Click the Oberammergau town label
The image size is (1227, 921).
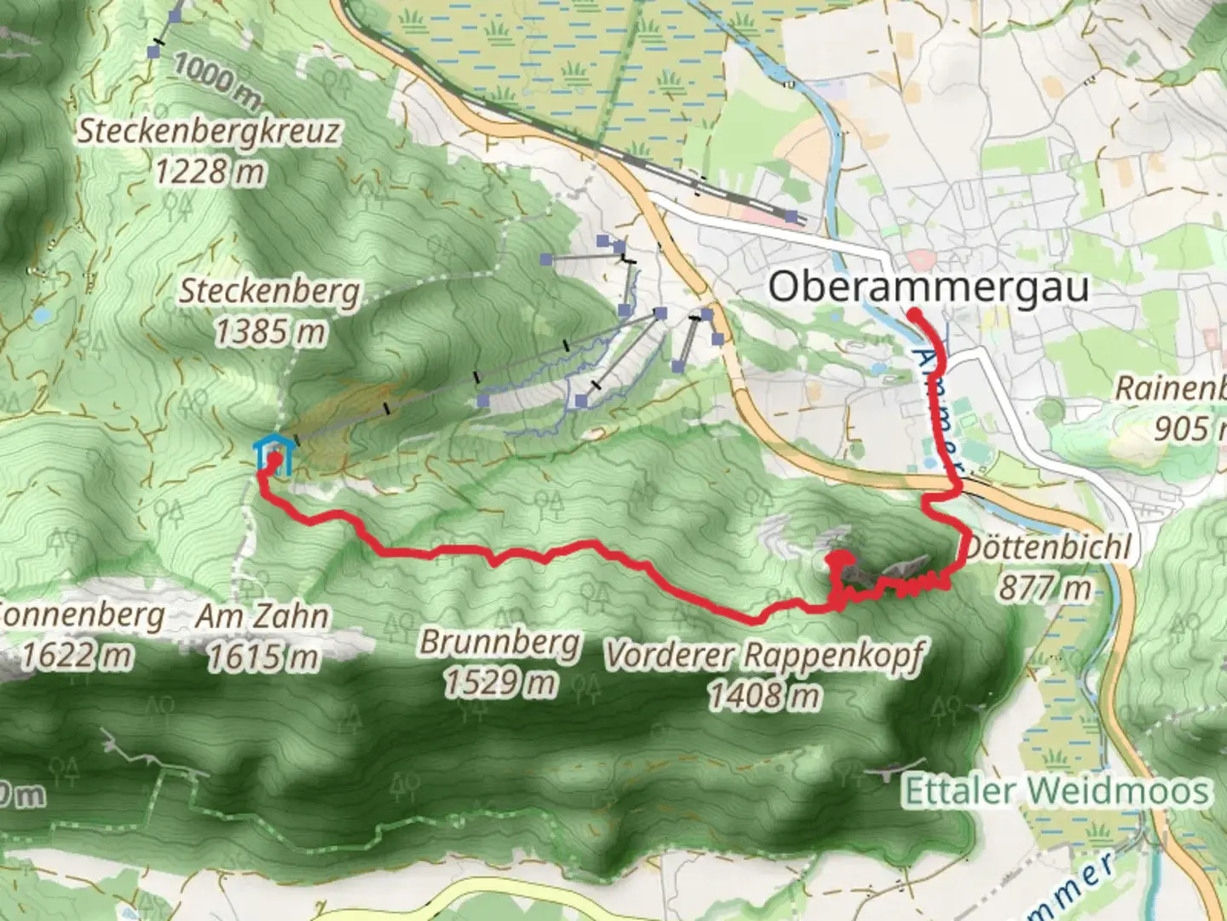pyautogui.click(x=928, y=287)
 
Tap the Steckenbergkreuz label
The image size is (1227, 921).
pyautogui.click(x=210, y=132)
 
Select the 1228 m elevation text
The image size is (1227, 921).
pyautogui.click(x=210, y=172)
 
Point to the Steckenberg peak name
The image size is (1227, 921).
pyautogui.click(x=269, y=292)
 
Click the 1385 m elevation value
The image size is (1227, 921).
pyautogui.click(x=269, y=331)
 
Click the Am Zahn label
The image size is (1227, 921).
pyautogui.click(x=262, y=616)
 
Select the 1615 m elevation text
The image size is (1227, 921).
pyautogui.click(x=262, y=657)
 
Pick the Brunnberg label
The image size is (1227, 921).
pyautogui.click(x=499, y=642)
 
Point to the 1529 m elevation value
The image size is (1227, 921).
pyautogui.click(x=499, y=682)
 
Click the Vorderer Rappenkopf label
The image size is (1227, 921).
pyautogui.click(x=764, y=655)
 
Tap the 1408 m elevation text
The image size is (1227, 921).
pyautogui.click(x=764, y=696)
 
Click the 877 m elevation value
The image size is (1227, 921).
pyautogui.click(x=1045, y=587)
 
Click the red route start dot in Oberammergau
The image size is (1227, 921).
pyautogui.click(x=913, y=314)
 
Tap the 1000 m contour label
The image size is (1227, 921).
pyautogui.click(x=216, y=84)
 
